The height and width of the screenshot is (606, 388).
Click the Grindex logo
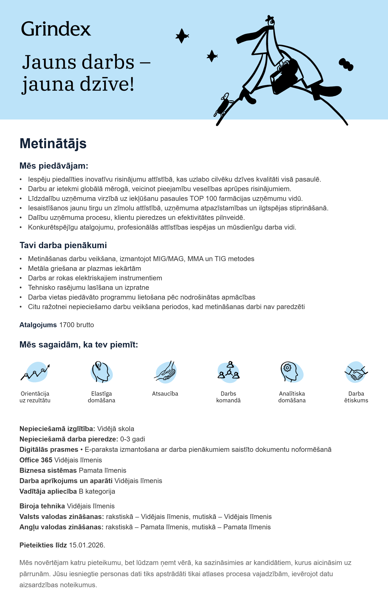(x=56, y=29)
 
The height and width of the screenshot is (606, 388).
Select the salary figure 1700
(x=67, y=325)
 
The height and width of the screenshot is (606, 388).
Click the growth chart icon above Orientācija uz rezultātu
(x=36, y=372)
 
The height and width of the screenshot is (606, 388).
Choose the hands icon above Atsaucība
(x=165, y=372)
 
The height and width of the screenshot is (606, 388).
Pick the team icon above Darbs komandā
(x=228, y=372)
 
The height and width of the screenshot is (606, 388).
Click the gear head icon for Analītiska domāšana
(x=291, y=372)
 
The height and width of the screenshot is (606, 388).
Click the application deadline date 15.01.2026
(x=87, y=545)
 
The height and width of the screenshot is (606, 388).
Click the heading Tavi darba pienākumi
(x=63, y=245)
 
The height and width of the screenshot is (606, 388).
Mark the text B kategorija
(x=97, y=491)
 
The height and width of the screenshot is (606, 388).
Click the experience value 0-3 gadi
(x=133, y=439)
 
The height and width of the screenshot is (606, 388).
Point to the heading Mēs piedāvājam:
(x=54, y=166)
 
